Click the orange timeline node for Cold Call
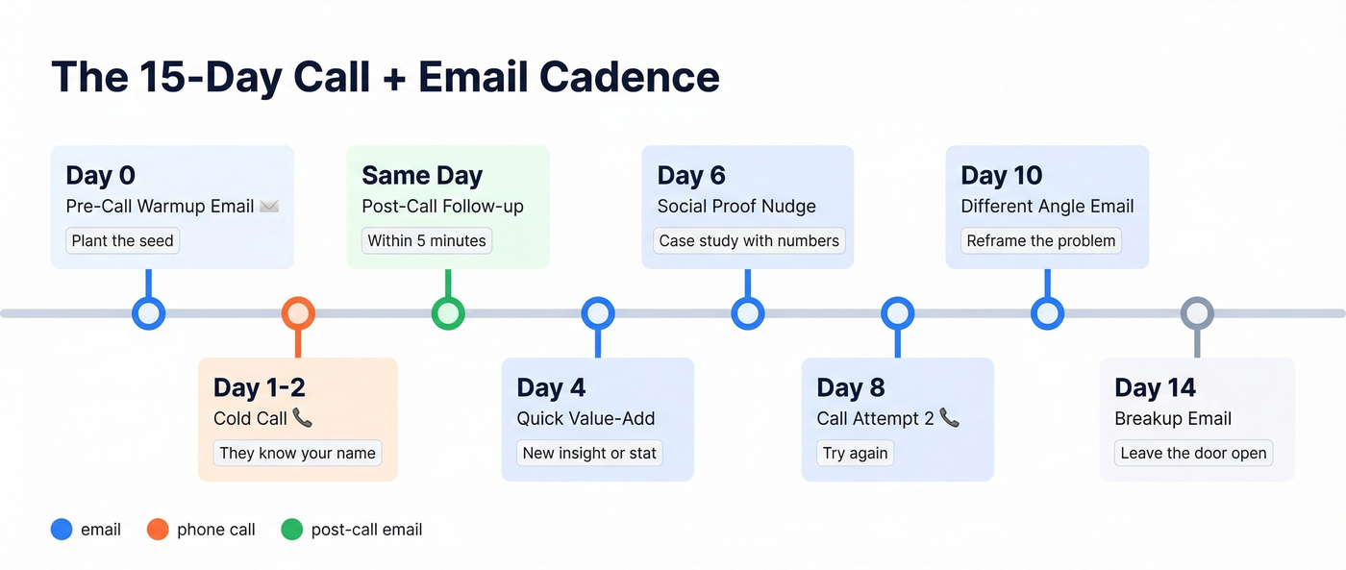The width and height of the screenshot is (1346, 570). tap(298, 313)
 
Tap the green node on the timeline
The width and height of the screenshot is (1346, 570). tap(448, 313)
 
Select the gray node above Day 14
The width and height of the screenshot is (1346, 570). tap(1197, 313)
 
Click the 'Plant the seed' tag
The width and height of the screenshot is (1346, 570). tap(122, 240)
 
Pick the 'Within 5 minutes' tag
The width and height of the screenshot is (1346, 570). tap(427, 240)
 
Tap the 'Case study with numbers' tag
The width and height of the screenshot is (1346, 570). tap(749, 240)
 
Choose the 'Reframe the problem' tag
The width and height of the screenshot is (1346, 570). tap(1041, 240)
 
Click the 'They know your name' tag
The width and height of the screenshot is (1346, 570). tap(297, 453)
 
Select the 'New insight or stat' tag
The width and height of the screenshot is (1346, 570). tap(589, 453)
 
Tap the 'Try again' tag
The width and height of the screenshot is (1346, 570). tap(855, 453)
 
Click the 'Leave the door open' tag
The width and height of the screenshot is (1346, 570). tap(1193, 453)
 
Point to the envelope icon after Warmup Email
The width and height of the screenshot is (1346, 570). tap(269, 207)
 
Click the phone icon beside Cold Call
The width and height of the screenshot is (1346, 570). tap(303, 418)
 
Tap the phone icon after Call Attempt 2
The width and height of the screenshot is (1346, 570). tap(950, 418)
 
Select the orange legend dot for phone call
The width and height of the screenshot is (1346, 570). tap(158, 530)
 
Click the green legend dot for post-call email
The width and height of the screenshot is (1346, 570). tap(292, 530)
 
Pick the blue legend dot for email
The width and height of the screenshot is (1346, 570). tap(62, 530)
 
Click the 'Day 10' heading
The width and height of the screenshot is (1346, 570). tap(1001, 176)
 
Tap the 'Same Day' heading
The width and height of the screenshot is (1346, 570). tap(422, 176)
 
